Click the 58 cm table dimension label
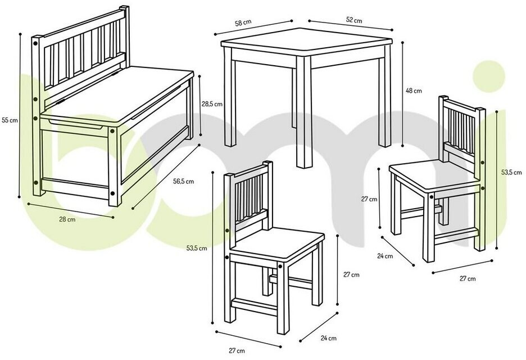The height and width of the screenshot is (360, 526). [243, 23]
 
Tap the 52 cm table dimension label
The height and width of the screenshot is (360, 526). [354, 20]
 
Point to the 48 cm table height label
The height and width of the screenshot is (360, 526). [414, 91]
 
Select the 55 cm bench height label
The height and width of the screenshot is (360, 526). [10, 120]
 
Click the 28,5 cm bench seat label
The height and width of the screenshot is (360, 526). [212, 104]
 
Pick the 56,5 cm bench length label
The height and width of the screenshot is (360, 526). [184, 182]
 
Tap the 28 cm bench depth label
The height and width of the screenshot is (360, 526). [67, 219]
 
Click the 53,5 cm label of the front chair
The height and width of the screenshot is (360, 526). [197, 249]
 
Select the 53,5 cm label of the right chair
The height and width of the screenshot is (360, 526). [511, 172]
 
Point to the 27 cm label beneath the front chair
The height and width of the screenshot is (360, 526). [237, 351]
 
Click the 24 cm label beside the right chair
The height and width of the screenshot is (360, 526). [385, 256]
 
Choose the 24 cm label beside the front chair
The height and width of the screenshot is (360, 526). [328, 338]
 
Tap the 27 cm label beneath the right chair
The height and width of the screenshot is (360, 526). [468, 279]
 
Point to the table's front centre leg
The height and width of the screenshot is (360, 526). [304, 112]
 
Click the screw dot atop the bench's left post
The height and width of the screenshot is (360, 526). [35, 43]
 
